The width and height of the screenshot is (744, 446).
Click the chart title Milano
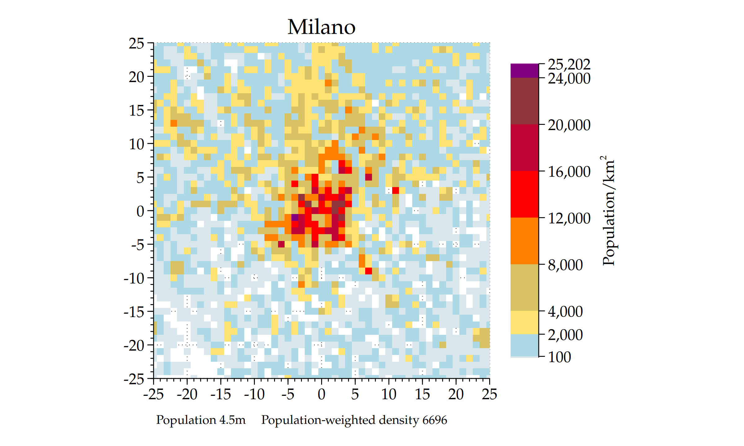click(321, 27)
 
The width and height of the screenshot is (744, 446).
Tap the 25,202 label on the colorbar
click(569, 64)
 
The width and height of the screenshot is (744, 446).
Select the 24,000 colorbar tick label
click(569, 79)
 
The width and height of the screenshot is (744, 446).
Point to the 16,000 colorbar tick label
click(569, 172)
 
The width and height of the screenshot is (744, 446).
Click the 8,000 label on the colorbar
click(565, 265)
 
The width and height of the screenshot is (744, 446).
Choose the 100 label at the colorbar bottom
click(559, 357)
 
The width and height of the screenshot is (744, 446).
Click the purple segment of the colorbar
click(525, 71)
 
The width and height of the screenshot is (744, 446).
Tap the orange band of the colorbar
click(525, 241)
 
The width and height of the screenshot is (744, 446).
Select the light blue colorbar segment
click(525, 345)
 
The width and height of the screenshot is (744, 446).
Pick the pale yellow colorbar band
click(525, 322)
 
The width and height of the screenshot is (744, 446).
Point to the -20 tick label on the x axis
click(187, 395)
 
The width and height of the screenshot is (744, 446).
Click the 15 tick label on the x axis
click(422, 395)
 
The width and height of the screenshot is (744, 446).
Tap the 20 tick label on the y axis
click(136, 77)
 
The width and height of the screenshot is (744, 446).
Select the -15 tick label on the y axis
click(134, 312)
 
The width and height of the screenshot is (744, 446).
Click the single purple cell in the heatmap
click(295, 217)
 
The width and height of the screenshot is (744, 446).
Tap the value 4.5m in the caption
click(232, 420)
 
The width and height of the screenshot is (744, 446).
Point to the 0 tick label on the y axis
click(140, 211)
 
